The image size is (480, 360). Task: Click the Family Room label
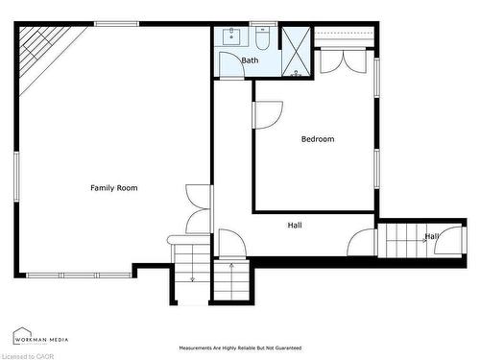tap(113, 188)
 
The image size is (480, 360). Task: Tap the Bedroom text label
tap(318, 139)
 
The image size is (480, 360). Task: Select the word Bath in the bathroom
tap(250, 60)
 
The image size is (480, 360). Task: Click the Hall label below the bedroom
tap(295, 226)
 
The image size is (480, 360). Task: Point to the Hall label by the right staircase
tap(432, 236)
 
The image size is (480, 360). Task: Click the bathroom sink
tap(231, 37)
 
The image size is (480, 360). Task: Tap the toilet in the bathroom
tap(262, 38)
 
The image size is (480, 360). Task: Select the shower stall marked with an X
tap(297, 52)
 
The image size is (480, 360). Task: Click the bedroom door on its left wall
tap(264, 114)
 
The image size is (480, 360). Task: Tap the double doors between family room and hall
tap(199, 209)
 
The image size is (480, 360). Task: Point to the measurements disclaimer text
tap(240, 347)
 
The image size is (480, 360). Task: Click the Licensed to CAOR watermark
tap(29, 355)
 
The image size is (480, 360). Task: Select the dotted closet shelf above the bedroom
tap(344, 36)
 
